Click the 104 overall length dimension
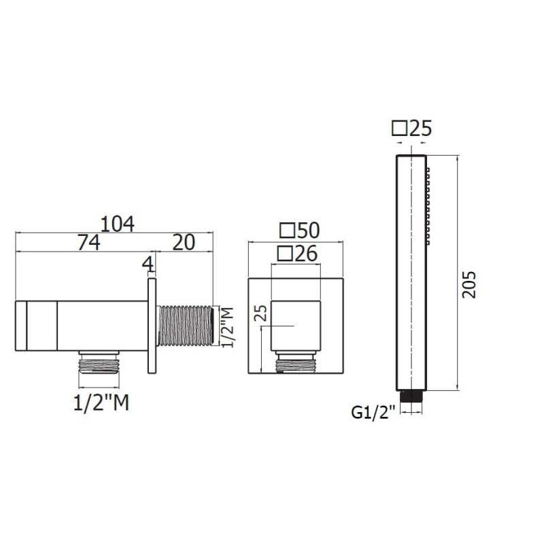pyautogui.click(x=117, y=224)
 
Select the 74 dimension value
pyautogui.click(x=89, y=243)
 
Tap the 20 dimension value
pyautogui.click(x=184, y=243)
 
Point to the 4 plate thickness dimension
pyautogui.click(x=148, y=265)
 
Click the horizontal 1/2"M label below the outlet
pyautogui.click(x=101, y=403)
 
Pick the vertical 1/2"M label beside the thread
pyautogui.click(x=228, y=327)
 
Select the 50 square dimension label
pyautogui.click(x=300, y=230)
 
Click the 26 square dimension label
pyautogui.click(x=297, y=254)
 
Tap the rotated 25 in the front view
pyautogui.click(x=262, y=313)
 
